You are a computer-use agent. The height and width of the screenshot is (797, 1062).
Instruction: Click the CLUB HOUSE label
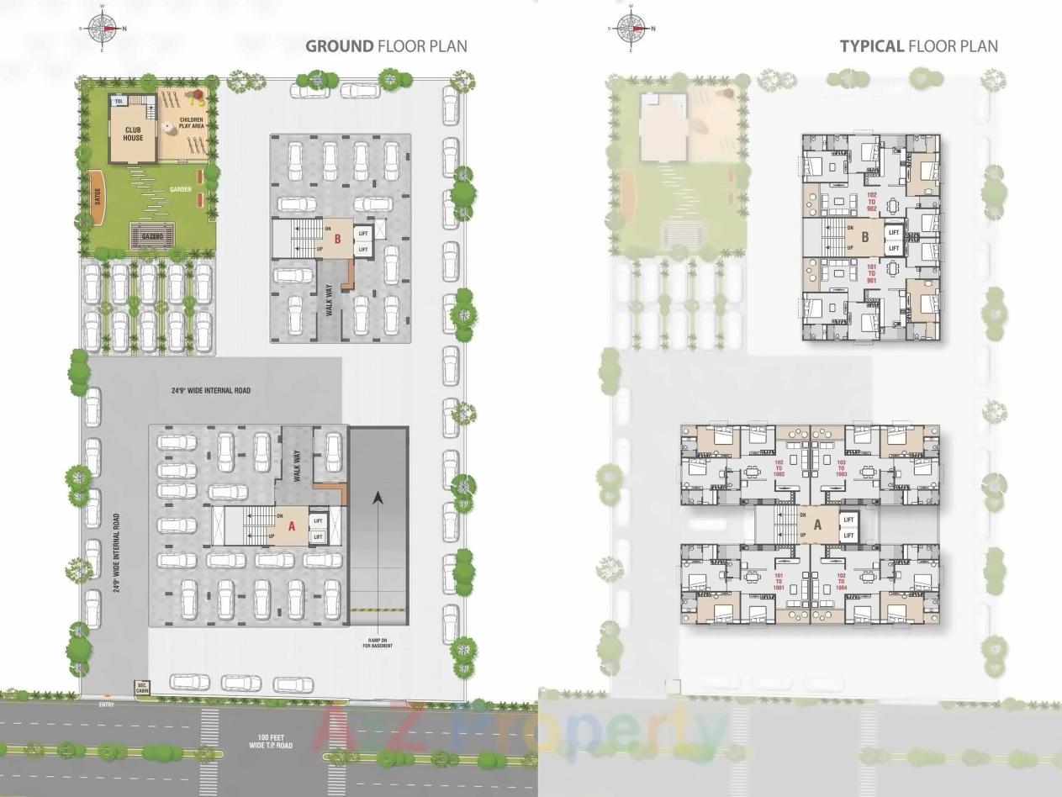click(134, 134)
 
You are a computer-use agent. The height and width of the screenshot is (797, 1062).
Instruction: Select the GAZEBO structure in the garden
click(152, 236)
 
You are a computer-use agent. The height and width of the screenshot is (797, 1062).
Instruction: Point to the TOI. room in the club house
click(119, 101)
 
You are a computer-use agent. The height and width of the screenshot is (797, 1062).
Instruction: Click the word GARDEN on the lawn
click(179, 189)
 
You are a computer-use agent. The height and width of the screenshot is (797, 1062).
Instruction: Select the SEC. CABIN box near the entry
click(142, 688)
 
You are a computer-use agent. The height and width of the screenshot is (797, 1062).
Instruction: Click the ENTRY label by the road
click(106, 704)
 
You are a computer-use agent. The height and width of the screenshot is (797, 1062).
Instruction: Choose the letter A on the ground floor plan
click(292, 526)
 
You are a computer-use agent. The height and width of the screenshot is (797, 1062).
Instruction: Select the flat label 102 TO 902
click(872, 202)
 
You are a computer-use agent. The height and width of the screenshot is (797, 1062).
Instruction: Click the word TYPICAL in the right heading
click(872, 45)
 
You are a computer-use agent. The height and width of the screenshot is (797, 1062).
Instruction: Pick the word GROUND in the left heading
click(339, 45)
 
